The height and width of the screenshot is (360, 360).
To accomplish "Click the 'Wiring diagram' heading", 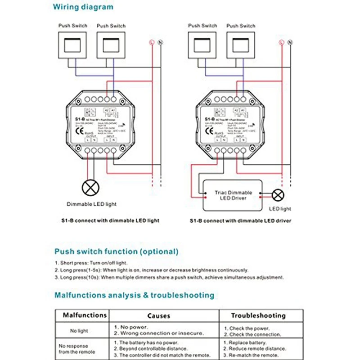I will tap(83, 7).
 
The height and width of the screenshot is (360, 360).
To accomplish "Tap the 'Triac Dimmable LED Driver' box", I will tap(233, 195).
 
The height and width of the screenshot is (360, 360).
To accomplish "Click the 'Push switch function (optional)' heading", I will tap(116, 252).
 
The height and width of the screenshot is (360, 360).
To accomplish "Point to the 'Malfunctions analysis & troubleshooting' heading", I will tap(134, 296).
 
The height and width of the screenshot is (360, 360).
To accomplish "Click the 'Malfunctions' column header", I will tap(85, 315).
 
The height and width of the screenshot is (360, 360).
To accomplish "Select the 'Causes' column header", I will tap(159, 316).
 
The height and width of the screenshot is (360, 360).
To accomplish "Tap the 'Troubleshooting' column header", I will tap(258, 316).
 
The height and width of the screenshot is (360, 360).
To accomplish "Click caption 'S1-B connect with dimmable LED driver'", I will tap(240, 221).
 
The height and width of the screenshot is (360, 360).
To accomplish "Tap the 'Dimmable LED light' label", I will tap(91, 204).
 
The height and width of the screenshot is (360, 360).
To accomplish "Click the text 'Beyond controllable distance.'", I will tap(152, 349).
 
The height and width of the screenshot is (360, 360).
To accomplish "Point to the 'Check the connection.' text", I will tap(255, 334).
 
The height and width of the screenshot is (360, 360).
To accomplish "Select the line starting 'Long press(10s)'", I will tap(169, 278).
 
